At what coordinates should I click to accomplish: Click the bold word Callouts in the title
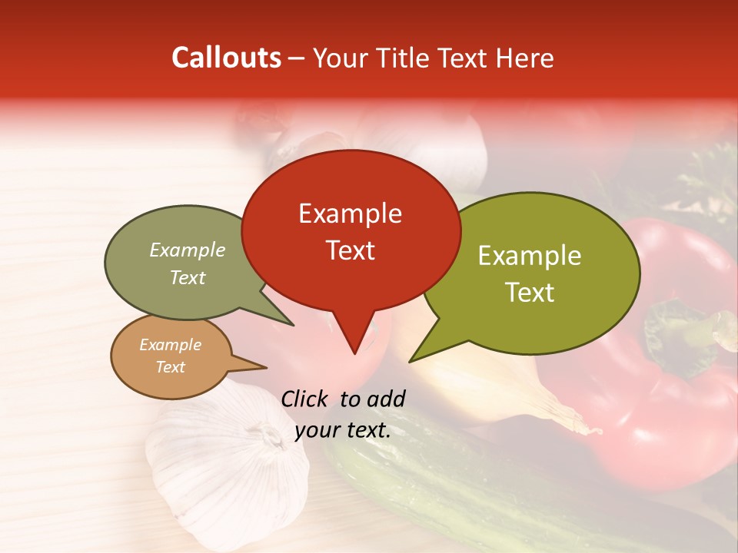point(226,58)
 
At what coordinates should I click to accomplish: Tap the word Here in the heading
point(524,58)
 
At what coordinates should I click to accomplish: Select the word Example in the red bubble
point(350,214)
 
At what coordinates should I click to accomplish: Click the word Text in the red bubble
point(350,250)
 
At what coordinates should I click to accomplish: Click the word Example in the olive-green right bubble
point(530,256)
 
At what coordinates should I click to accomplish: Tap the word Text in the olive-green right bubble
point(530,293)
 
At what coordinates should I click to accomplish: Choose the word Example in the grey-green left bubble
point(188,250)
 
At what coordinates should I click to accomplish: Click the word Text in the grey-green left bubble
point(188,278)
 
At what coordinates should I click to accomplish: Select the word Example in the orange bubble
point(170,345)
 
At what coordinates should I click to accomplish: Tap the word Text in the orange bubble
point(170,367)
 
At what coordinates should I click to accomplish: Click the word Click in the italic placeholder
point(306,399)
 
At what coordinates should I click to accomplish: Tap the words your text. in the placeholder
point(343,430)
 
